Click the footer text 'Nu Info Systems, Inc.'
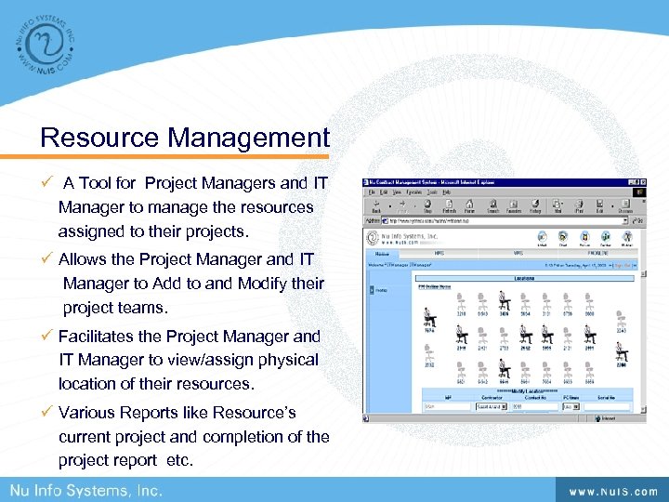86,490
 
